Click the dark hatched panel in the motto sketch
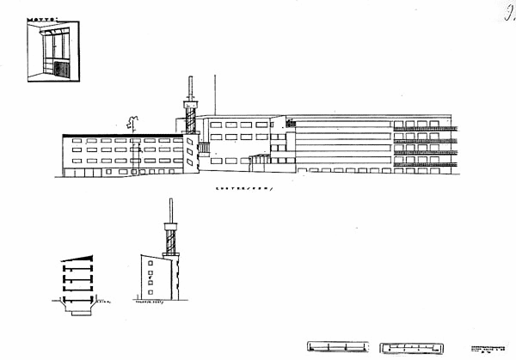[x=60, y=70]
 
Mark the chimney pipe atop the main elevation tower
[x=192, y=88]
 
